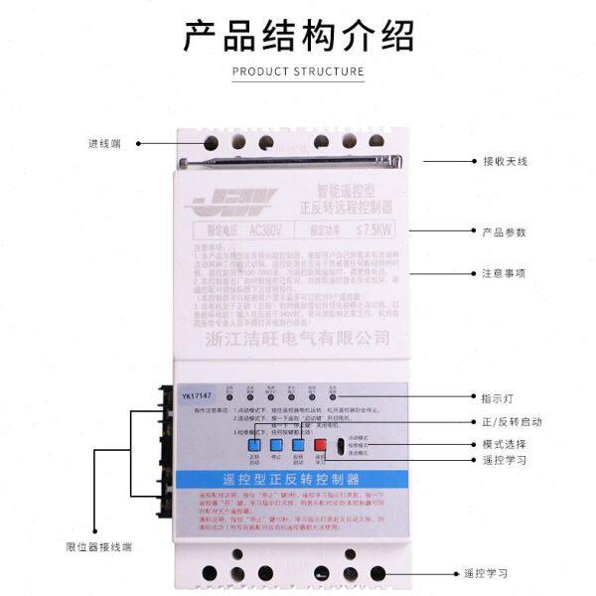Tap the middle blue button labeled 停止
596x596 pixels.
click(270, 446)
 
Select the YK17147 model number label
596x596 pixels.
click(199, 396)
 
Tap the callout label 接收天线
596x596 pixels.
click(506, 161)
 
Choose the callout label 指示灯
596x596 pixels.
click(500, 399)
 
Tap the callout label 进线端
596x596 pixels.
click(103, 143)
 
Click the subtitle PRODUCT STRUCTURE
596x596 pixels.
click(298, 72)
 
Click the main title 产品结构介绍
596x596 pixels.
click(298, 37)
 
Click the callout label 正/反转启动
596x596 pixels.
click(513, 421)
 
